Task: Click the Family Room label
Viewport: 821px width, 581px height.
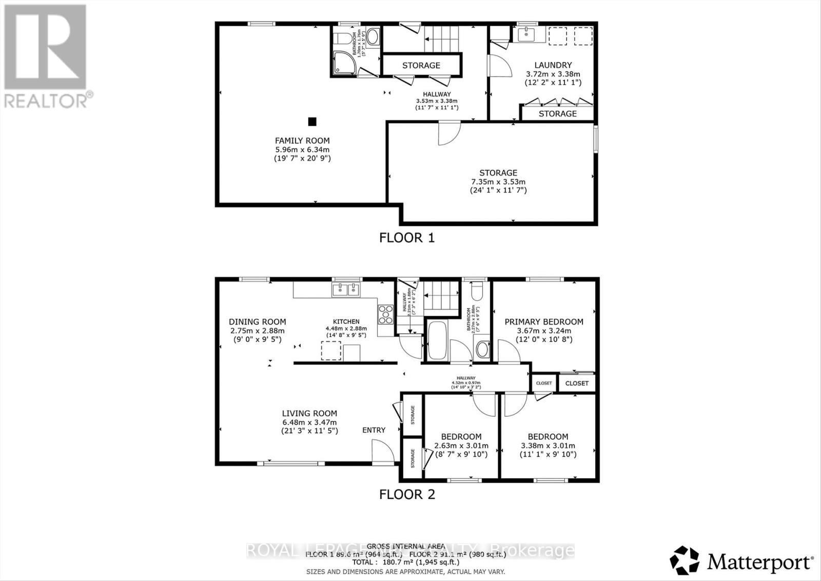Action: [x=302, y=141]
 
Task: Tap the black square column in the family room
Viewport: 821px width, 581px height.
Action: [x=312, y=122]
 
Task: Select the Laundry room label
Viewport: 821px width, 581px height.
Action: [x=553, y=65]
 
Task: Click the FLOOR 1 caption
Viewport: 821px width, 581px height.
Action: [x=406, y=238]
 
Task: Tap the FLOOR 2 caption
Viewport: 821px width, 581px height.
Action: [x=406, y=494]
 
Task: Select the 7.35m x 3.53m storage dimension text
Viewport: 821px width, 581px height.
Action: [x=498, y=182]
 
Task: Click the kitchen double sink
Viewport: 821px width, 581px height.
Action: [x=346, y=290]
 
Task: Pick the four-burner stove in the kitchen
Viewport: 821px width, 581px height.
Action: [x=385, y=314]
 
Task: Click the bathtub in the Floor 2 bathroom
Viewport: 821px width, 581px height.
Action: [x=438, y=341]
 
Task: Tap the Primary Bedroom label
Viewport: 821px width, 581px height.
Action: [x=544, y=322]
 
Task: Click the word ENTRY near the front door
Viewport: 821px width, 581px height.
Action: [x=374, y=430]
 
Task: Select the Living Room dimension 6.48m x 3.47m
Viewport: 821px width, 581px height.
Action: [x=309, y=422]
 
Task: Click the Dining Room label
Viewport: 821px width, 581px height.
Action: [x=257, y=322]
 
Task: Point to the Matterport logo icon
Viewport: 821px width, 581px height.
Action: [x=685, y=561]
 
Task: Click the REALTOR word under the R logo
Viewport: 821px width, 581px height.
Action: [x=46, y=100]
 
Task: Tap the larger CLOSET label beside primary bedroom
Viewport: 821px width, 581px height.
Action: [x=577, y=383]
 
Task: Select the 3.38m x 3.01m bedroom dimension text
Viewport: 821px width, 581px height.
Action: [x=548, y=446]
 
